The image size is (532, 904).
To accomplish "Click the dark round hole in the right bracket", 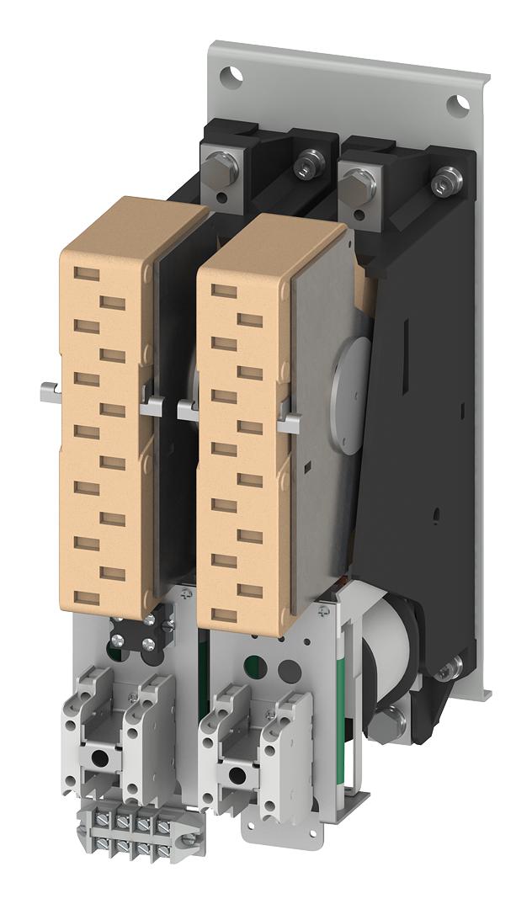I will tap(288, 670).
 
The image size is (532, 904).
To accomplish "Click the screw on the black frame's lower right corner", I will tap(451, 667).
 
